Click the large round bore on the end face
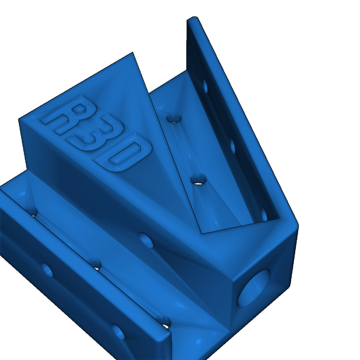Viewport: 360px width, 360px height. tap(254, 288)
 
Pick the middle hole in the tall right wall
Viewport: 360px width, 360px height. tap(232, 146)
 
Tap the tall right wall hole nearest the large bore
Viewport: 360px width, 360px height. tap(264, 214)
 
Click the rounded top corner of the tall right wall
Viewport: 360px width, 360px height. tap(193, 19)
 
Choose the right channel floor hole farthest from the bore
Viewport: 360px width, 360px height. tap(173, 118)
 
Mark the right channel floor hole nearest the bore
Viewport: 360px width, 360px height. tap(199, 179)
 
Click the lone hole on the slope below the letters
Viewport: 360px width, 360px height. tap(147, 240)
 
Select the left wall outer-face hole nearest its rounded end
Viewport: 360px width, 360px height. tap(118, 332)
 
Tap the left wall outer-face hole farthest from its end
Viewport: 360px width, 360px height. tap(47, 270)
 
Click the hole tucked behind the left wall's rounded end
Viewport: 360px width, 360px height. tap(164, 321)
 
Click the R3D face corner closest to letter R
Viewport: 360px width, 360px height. tap(19, 120)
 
